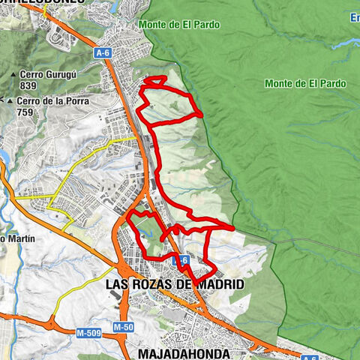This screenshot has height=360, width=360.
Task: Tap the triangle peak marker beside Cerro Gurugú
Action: [15, 76]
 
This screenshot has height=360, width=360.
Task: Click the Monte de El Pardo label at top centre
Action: [179, 25]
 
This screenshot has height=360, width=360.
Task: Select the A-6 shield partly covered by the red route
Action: [179, 260]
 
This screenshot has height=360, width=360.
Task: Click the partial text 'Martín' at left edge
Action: [16, 238]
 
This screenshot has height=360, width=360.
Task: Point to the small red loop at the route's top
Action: [155, 80]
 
